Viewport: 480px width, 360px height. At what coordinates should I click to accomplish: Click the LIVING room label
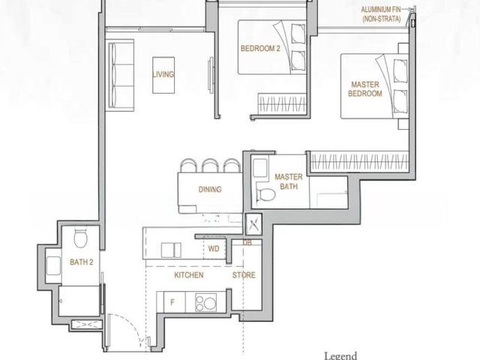163,74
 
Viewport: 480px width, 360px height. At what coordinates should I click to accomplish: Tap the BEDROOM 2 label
260,48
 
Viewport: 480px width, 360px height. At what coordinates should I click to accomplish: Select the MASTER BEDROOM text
365,88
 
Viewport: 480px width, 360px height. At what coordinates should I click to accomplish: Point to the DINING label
210,189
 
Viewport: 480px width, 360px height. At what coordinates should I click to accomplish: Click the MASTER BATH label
288,181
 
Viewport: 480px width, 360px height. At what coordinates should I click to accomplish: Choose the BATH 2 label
81,262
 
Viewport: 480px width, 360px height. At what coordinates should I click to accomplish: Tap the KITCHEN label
188,275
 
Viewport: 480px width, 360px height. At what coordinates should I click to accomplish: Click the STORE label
244,275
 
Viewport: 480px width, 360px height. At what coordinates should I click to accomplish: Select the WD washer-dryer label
214,249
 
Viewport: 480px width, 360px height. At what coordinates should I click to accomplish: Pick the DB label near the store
247,242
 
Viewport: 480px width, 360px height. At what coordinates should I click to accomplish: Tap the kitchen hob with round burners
206,302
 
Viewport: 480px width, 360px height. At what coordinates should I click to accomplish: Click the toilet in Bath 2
81,238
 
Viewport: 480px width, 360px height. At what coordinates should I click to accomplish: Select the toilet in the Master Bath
265,193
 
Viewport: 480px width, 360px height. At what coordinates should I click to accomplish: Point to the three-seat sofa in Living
121,75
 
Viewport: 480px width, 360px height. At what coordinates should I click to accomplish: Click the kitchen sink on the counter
171,250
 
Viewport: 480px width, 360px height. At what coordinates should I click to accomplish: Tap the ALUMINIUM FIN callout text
381,14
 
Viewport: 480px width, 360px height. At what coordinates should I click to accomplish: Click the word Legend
340,356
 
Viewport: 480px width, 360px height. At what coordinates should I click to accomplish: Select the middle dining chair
210,166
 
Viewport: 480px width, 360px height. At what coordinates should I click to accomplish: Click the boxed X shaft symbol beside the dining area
253,224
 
